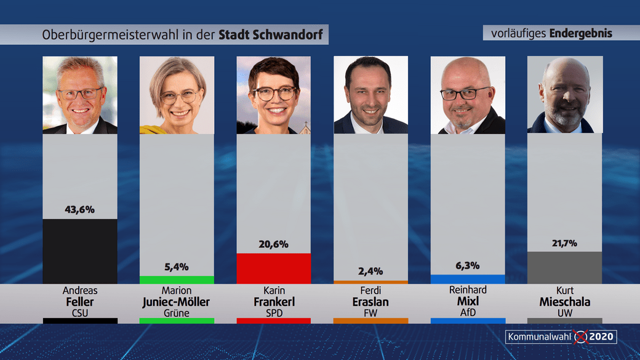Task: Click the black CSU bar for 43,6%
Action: (x=80, y=251)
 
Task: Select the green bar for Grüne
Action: (x=177, y=279)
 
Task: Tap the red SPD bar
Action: (x=274, y=268)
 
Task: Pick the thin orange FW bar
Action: (x=370, y=282)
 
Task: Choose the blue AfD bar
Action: (x=468, y=279)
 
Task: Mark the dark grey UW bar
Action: (x=564, y=267)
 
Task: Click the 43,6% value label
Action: (x=80, y=209)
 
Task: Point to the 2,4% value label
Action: (x=370, y=271)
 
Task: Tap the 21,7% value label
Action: (x=564, y=243)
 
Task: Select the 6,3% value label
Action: (x=468, y=265)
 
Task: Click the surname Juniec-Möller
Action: (x=177, y=302)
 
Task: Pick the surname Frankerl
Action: (x=274, y=302)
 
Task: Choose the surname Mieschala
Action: (x=564, y=302)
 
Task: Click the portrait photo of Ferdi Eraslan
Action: (x=370, y=95)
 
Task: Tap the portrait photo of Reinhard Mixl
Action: (x=468, y=95)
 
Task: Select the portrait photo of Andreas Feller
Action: (x=80, y=95)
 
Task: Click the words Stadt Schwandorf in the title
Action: (x=270, y=34)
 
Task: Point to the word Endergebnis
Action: (x=582, y=33)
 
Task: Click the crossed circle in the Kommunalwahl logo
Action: (x=580, y=337)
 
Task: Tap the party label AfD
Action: (x=468, y=312)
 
